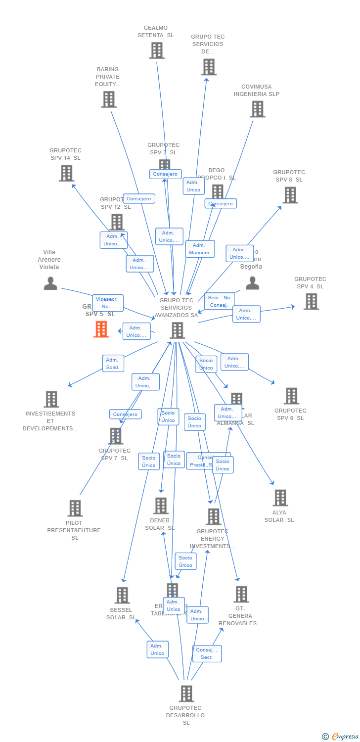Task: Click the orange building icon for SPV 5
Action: coord(101,329)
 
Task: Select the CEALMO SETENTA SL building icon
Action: coord(157,50)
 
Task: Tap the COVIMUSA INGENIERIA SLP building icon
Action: coord(258,109)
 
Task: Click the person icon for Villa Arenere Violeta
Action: coord(50,283)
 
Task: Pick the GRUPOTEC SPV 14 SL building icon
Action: coord(66,173)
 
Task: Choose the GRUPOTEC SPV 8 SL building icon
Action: coord(290,195)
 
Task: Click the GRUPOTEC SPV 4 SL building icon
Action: coord(311,301)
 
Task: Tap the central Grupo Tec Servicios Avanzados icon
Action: coord(177,330)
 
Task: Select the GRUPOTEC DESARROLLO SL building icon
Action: coord(186,694)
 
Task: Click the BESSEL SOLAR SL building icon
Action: coord(122,595)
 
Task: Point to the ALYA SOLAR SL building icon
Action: coord(280,498)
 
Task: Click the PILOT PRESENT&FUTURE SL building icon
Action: coord(75,508)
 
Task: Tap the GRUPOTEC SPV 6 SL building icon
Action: coord(291,396)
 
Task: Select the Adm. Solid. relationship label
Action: coord(113,364)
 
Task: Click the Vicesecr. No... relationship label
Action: coord(107,303)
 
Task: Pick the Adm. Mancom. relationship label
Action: coord(200,249)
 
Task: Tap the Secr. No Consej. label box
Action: coord(219,301)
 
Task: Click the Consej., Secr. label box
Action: coord(207,653)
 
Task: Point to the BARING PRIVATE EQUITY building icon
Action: coord(108,99)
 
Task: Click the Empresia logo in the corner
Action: coord(341,737)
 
